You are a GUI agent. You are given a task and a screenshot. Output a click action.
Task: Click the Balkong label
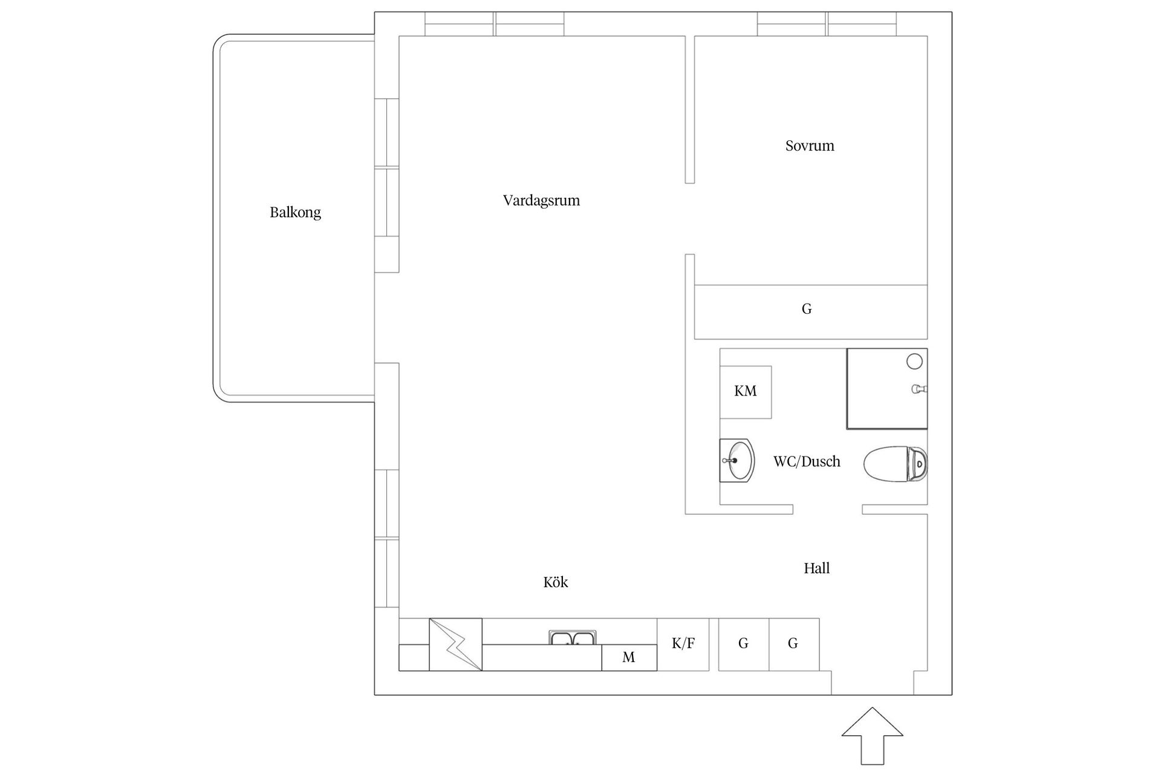click(295, 212)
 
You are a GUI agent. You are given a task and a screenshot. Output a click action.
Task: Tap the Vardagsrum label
click(541, 200)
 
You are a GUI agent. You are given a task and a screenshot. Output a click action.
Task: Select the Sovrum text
click(810, 146)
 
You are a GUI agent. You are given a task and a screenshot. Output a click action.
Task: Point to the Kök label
click(555, 582)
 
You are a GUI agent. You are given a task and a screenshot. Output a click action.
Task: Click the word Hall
click(816, 568)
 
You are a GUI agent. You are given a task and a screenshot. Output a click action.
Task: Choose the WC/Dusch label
click(807, 462)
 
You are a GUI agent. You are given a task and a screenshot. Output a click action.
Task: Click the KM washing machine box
click(746, 392)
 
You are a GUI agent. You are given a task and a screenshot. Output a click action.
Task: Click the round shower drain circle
click(914, 362)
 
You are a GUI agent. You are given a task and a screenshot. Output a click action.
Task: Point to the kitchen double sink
click(573, 639)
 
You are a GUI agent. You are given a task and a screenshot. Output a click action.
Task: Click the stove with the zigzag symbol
click(455, 645)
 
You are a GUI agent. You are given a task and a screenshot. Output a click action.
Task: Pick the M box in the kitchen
click(629, 657)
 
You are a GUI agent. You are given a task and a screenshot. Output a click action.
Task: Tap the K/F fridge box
click(683, 644)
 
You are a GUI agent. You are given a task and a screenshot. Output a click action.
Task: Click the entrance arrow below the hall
click(872, 735)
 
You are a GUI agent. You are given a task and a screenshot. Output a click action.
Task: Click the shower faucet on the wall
click(918, 389)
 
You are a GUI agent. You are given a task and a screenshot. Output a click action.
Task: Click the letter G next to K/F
click(743, 644)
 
